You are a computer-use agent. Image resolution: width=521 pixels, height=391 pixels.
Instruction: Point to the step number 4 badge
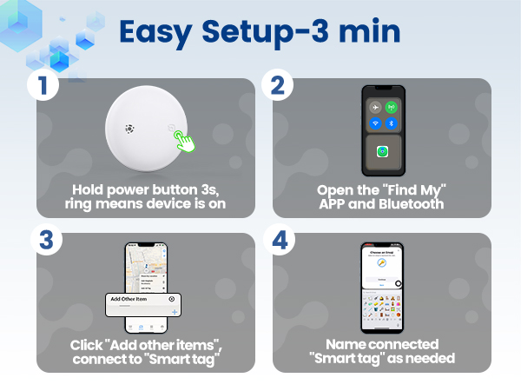point(277,239)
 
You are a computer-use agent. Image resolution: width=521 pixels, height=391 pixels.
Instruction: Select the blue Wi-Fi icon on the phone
point(374,124)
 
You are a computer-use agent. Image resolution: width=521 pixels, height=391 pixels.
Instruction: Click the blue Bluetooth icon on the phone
point(391,124)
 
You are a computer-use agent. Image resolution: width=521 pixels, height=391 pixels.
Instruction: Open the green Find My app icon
point(382,151)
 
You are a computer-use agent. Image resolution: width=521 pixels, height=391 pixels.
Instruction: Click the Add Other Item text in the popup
point(128,298)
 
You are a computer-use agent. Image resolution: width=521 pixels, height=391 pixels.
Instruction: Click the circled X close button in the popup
point(172,298)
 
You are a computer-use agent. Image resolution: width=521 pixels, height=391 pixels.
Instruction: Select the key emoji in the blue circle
point(382,266)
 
